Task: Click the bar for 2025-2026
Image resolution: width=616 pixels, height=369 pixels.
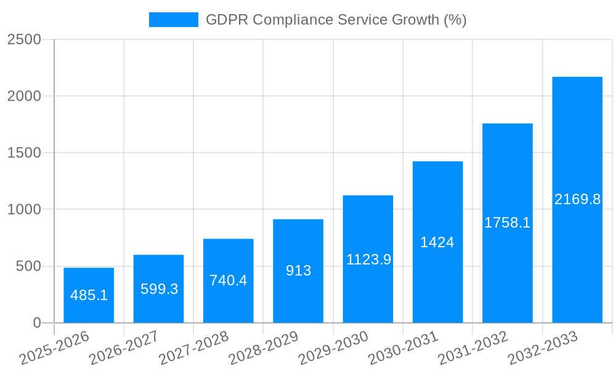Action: point(89,295)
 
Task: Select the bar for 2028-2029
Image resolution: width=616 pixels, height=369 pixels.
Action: point(298,271)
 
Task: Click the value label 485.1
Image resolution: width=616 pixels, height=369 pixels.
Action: point(89,295)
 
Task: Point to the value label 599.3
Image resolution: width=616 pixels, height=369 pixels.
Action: point(159,289)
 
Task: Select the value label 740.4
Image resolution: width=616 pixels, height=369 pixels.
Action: point(228,280)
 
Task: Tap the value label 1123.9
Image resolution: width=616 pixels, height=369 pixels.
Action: point(368,260)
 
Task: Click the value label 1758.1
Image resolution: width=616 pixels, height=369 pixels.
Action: point(507,223)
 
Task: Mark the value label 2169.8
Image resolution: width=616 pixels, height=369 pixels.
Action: point(577,199)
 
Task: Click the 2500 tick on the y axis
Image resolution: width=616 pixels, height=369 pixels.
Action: point(24,39)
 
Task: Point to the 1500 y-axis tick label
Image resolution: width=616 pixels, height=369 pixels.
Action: point(24,153)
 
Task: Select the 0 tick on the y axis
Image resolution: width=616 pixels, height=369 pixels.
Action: point(36,323)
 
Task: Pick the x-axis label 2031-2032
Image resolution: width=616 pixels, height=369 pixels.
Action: point(473,347)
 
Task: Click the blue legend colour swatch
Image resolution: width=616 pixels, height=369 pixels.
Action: point(173,20)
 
